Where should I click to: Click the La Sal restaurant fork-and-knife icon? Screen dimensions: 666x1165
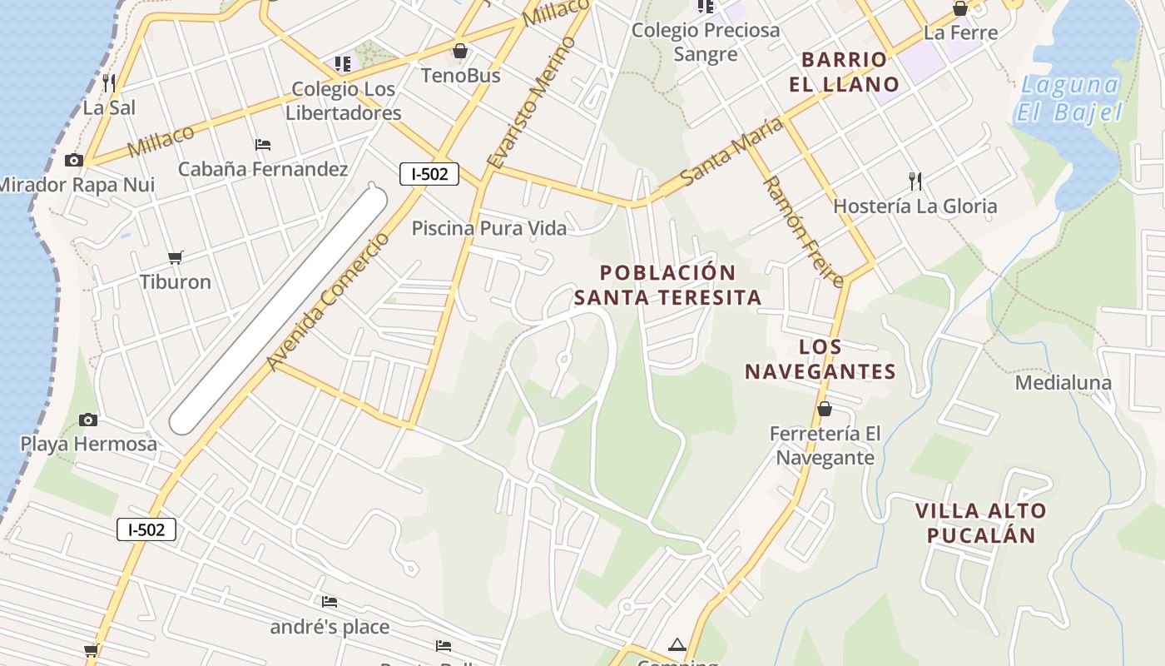point(108,82)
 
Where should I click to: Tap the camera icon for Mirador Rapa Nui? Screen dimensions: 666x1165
point(74,160)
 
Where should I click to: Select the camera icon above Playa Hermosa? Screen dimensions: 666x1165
point(87,420)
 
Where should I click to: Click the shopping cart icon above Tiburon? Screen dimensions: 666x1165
point(175,257)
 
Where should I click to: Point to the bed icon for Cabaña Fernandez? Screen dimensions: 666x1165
point(263,144)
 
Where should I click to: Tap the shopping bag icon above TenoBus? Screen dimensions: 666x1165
point(460,52)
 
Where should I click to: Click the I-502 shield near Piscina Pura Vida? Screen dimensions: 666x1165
point(429,173)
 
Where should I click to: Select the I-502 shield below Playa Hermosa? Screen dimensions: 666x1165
point(146,529)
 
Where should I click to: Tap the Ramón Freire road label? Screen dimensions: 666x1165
point(804,231)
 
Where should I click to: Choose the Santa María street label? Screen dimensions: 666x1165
point(731,152)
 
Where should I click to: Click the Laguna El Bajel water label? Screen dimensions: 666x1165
point(1069,98)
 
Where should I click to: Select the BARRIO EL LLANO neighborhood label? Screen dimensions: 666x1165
point(844,72)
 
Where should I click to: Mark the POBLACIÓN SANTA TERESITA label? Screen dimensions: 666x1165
point(668,285)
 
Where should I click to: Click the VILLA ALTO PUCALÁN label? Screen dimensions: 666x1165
point(981,523)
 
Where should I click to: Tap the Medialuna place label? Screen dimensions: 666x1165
point(1063,383)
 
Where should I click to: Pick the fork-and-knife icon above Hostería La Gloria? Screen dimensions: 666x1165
point(915,181)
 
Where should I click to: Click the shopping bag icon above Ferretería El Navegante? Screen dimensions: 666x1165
point(824,409)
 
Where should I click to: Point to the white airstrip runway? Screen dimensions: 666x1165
point(279,310)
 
